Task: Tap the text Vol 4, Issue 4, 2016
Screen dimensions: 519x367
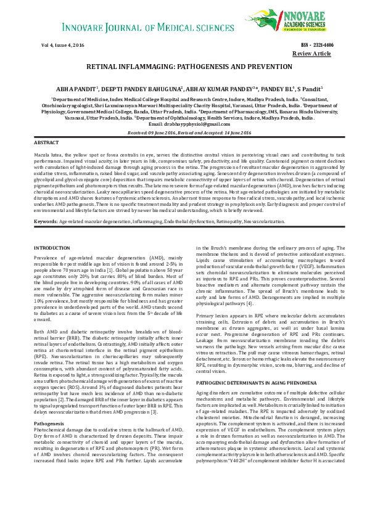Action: click(x=63, y=46)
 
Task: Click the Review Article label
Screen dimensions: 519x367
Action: click(x=311, y=54)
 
